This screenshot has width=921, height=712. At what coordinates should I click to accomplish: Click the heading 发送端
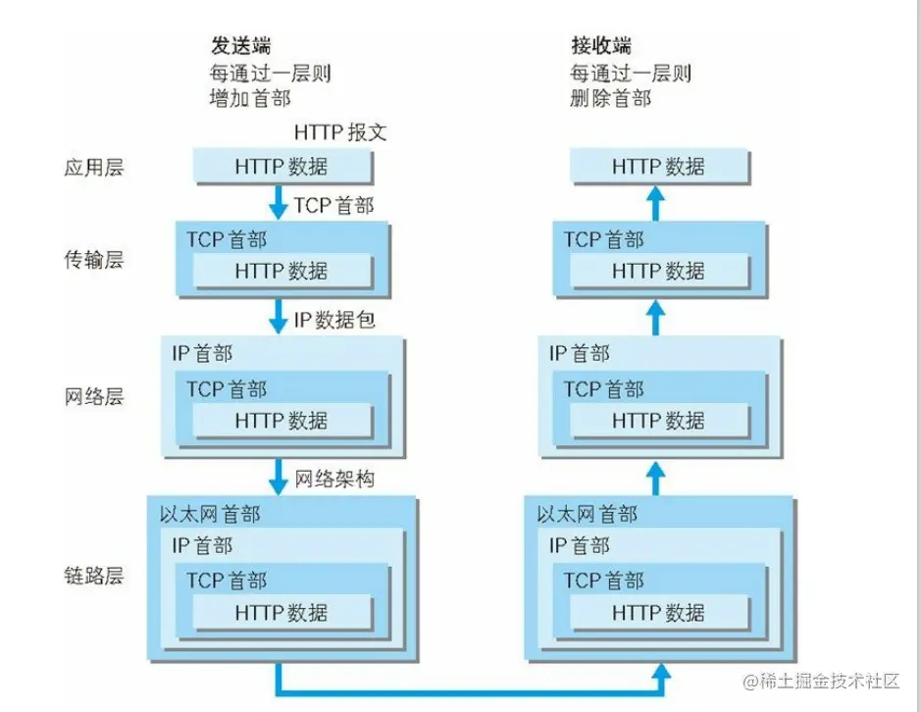pos(241,46)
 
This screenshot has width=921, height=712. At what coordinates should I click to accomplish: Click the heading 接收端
pos(601,46)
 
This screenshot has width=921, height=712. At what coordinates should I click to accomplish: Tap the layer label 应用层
pos(94,168)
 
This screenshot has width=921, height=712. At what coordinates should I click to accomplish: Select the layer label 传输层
pos(94,259)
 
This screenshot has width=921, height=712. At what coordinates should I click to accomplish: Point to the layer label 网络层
pos(94,396)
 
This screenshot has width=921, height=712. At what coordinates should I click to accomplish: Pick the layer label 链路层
pos(94,575)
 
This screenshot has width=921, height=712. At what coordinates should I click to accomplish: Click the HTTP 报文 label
pos(340,132)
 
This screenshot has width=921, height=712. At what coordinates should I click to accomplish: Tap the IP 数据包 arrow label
pos(334,320)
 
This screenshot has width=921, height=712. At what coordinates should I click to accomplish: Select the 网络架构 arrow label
pos(334,480)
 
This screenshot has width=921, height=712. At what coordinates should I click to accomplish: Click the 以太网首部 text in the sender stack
pos(210,515)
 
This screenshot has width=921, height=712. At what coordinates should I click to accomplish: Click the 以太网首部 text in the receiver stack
pos(587,515)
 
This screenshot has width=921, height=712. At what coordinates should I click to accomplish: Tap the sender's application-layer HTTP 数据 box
pos(283,167)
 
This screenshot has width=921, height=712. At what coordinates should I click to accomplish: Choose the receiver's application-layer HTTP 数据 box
pos(660,167)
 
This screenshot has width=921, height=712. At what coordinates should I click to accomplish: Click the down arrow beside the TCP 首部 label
pos(278,203)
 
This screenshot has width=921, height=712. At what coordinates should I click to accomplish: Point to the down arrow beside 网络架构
pos(278,477)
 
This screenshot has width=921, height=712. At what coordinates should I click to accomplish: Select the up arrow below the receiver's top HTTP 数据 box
pos(656,203)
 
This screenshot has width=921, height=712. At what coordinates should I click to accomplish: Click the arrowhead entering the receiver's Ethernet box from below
pos(661,673)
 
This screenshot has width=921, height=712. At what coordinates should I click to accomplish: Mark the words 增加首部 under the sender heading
pos(250,98)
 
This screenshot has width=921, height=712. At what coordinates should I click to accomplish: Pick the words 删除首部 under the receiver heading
pos(611,98)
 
